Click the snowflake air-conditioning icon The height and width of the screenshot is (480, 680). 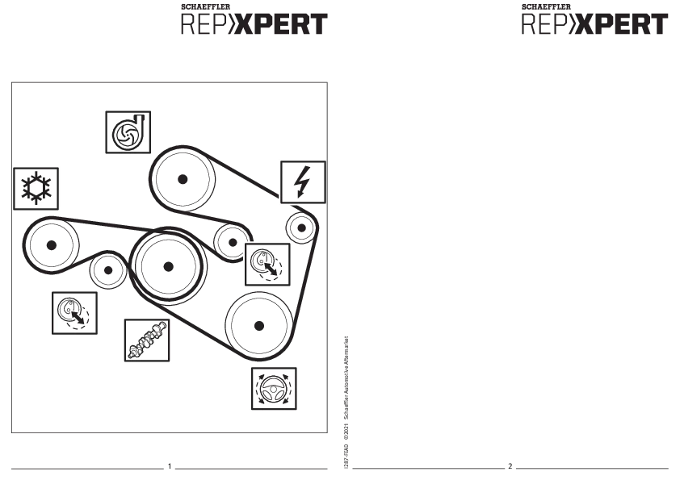tap(36, 189)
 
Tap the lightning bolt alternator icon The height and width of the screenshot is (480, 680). tap(303, 182)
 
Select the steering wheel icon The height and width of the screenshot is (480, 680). tap(273, 388)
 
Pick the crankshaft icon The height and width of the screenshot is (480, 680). tap(147, 340)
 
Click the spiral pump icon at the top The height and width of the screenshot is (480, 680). tap(128, 132)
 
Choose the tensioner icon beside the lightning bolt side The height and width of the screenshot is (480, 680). tap(267, 264)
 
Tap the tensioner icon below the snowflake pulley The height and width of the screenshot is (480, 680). tap(74, 312)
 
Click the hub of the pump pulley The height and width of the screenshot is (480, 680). tap(184, 178)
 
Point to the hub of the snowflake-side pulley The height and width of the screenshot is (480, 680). tap(52, 245)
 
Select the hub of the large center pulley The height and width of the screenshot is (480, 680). tap(168, 267)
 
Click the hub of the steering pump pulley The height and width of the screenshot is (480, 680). tap(258, 325)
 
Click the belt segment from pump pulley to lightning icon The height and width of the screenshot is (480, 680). tap(250, 182)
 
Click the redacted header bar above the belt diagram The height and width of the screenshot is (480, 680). tap(252, 25)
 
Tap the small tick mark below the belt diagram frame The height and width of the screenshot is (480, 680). tap(170, 461)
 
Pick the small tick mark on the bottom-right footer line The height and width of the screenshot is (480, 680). tap(510, 462)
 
